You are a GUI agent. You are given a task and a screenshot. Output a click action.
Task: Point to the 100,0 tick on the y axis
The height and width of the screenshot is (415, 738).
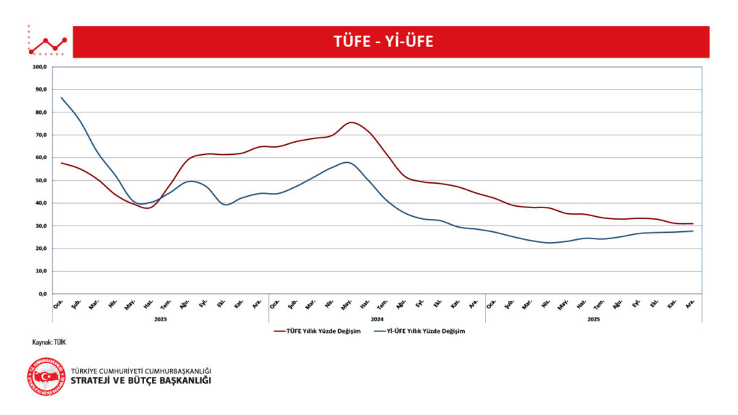pyautogui.click(x=40, y=67)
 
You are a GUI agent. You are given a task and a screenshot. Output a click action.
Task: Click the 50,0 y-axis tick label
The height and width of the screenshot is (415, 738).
pyautogui.click(x=40, y=180)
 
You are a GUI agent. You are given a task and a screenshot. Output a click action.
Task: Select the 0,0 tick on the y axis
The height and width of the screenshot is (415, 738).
pyautogui.click(x=42, y=294)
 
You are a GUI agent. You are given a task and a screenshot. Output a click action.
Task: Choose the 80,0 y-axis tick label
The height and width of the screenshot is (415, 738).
pyautogui.click(x=40, y=112)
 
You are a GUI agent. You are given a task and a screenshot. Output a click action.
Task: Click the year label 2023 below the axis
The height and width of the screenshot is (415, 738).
pyautogui.click(x=160, y=318)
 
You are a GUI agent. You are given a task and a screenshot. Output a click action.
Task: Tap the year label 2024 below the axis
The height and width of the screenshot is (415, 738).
pyautogui.click(x=377, y=318)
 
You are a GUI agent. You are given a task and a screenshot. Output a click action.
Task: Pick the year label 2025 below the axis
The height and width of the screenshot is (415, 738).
pyautogui.click(x=594, y=318)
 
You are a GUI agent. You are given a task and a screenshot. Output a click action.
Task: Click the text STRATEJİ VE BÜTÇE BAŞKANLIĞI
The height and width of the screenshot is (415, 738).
pyautogui.click(x=141, y=380)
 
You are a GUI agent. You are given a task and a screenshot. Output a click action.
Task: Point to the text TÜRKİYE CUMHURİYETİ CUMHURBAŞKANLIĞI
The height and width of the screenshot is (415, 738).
pyautogui.click(x=141, y=370)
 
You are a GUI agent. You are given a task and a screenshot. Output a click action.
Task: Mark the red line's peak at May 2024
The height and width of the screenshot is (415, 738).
pyautogui.click(x=350, y=122)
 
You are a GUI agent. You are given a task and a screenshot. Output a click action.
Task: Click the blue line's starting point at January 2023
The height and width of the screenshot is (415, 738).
pyautogui.click(x=61, y=97)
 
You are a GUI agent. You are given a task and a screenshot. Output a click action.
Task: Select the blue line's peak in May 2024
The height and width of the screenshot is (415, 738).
pyautogui.click(x=347, y=162)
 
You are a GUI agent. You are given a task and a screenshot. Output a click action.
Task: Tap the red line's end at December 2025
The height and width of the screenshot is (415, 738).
pyautogui.click(x=693, y=224)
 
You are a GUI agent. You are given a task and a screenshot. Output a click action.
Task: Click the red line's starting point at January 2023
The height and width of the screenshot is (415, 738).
pyautogui.click(x=61, y=163)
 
